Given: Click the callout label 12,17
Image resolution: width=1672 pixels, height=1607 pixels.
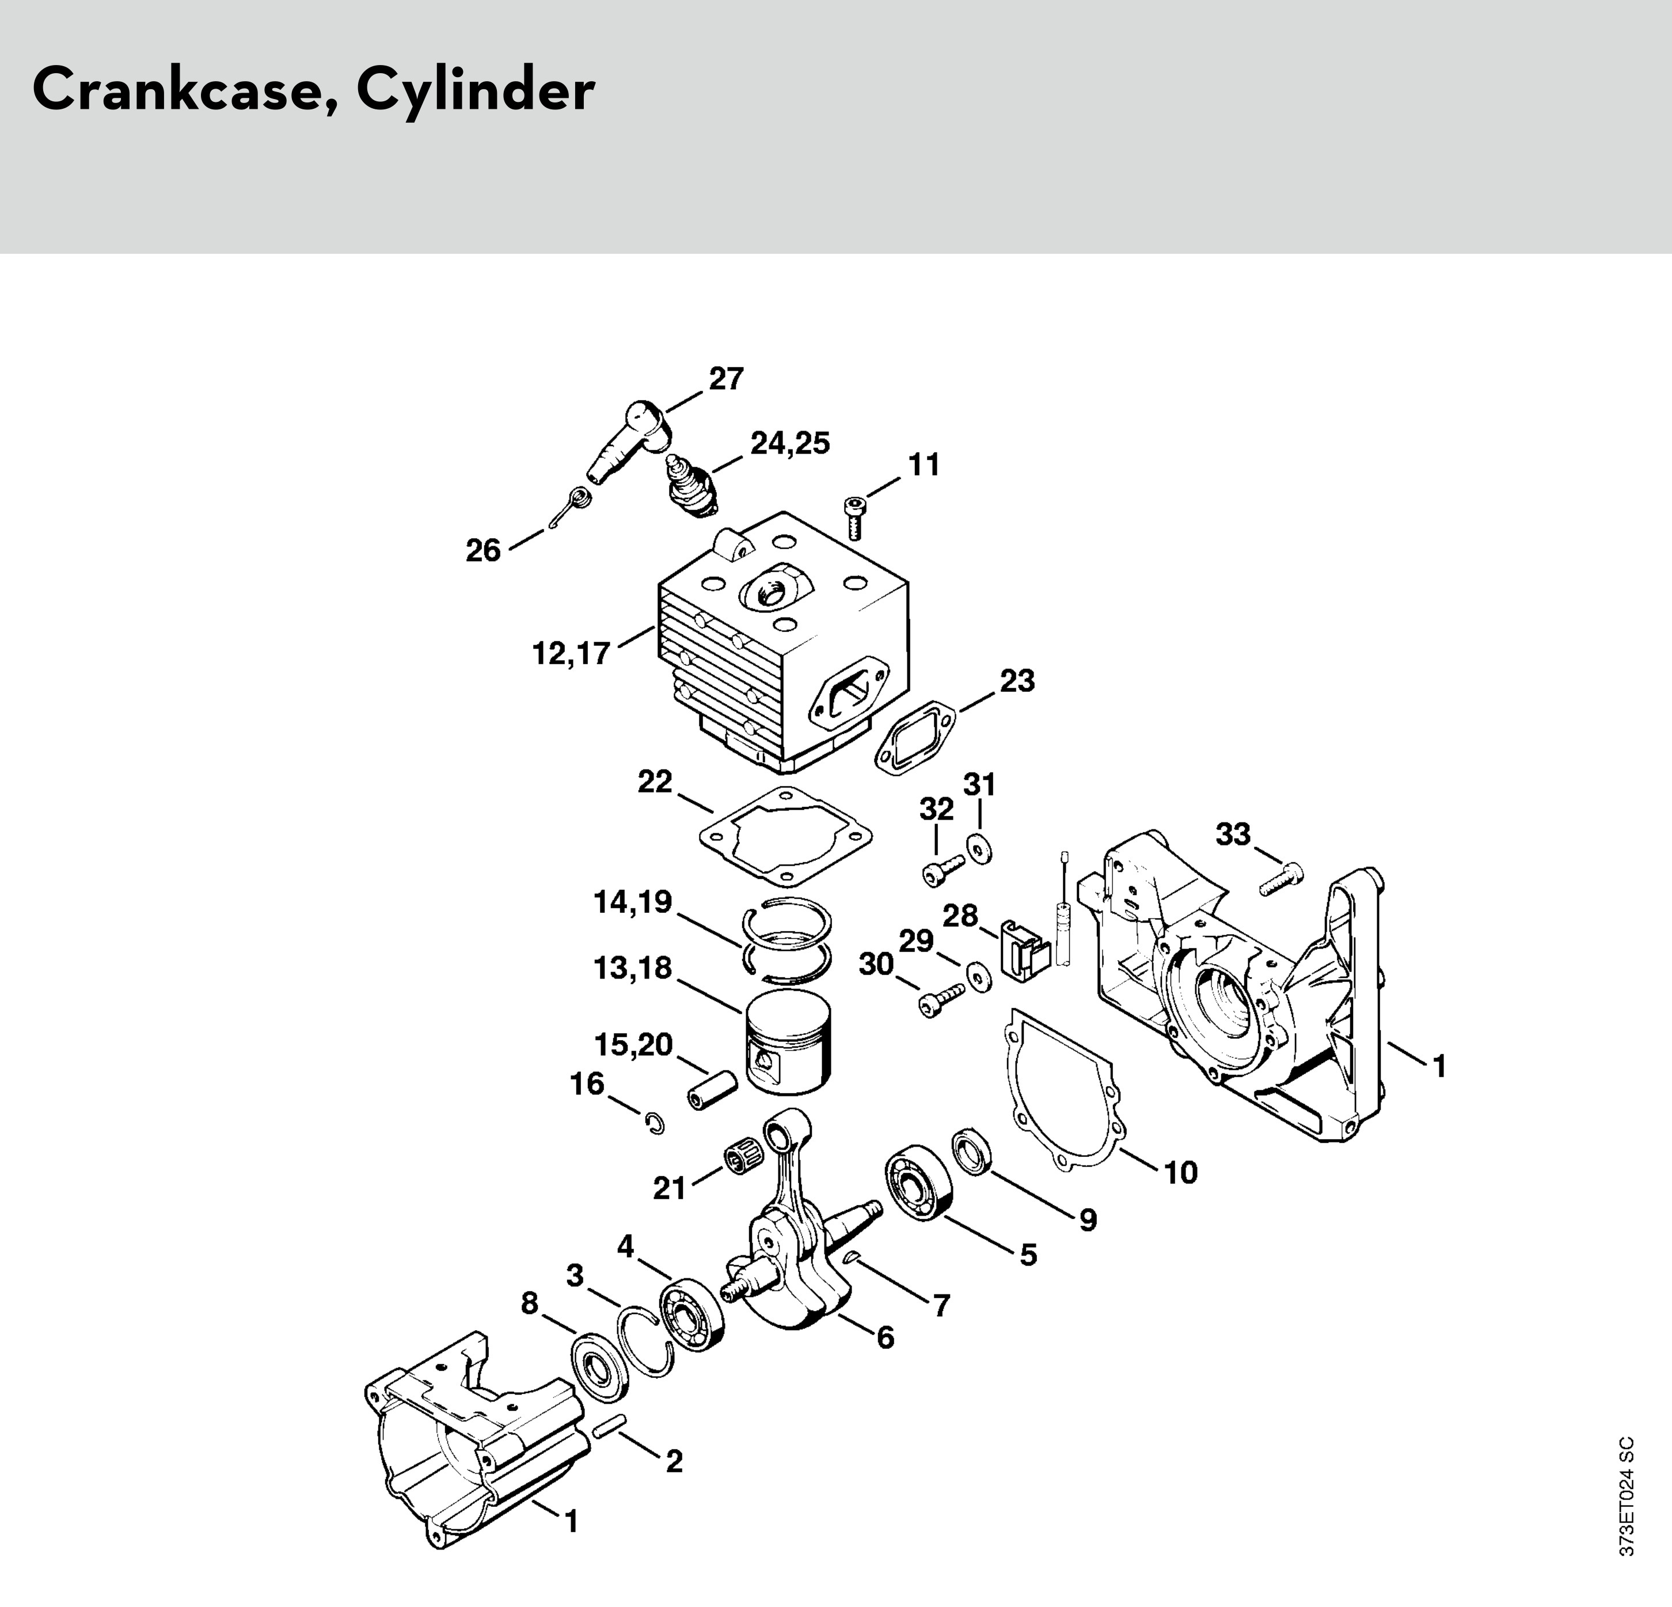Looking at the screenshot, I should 571,653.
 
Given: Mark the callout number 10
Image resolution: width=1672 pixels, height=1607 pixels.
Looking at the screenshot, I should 1181,1173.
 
